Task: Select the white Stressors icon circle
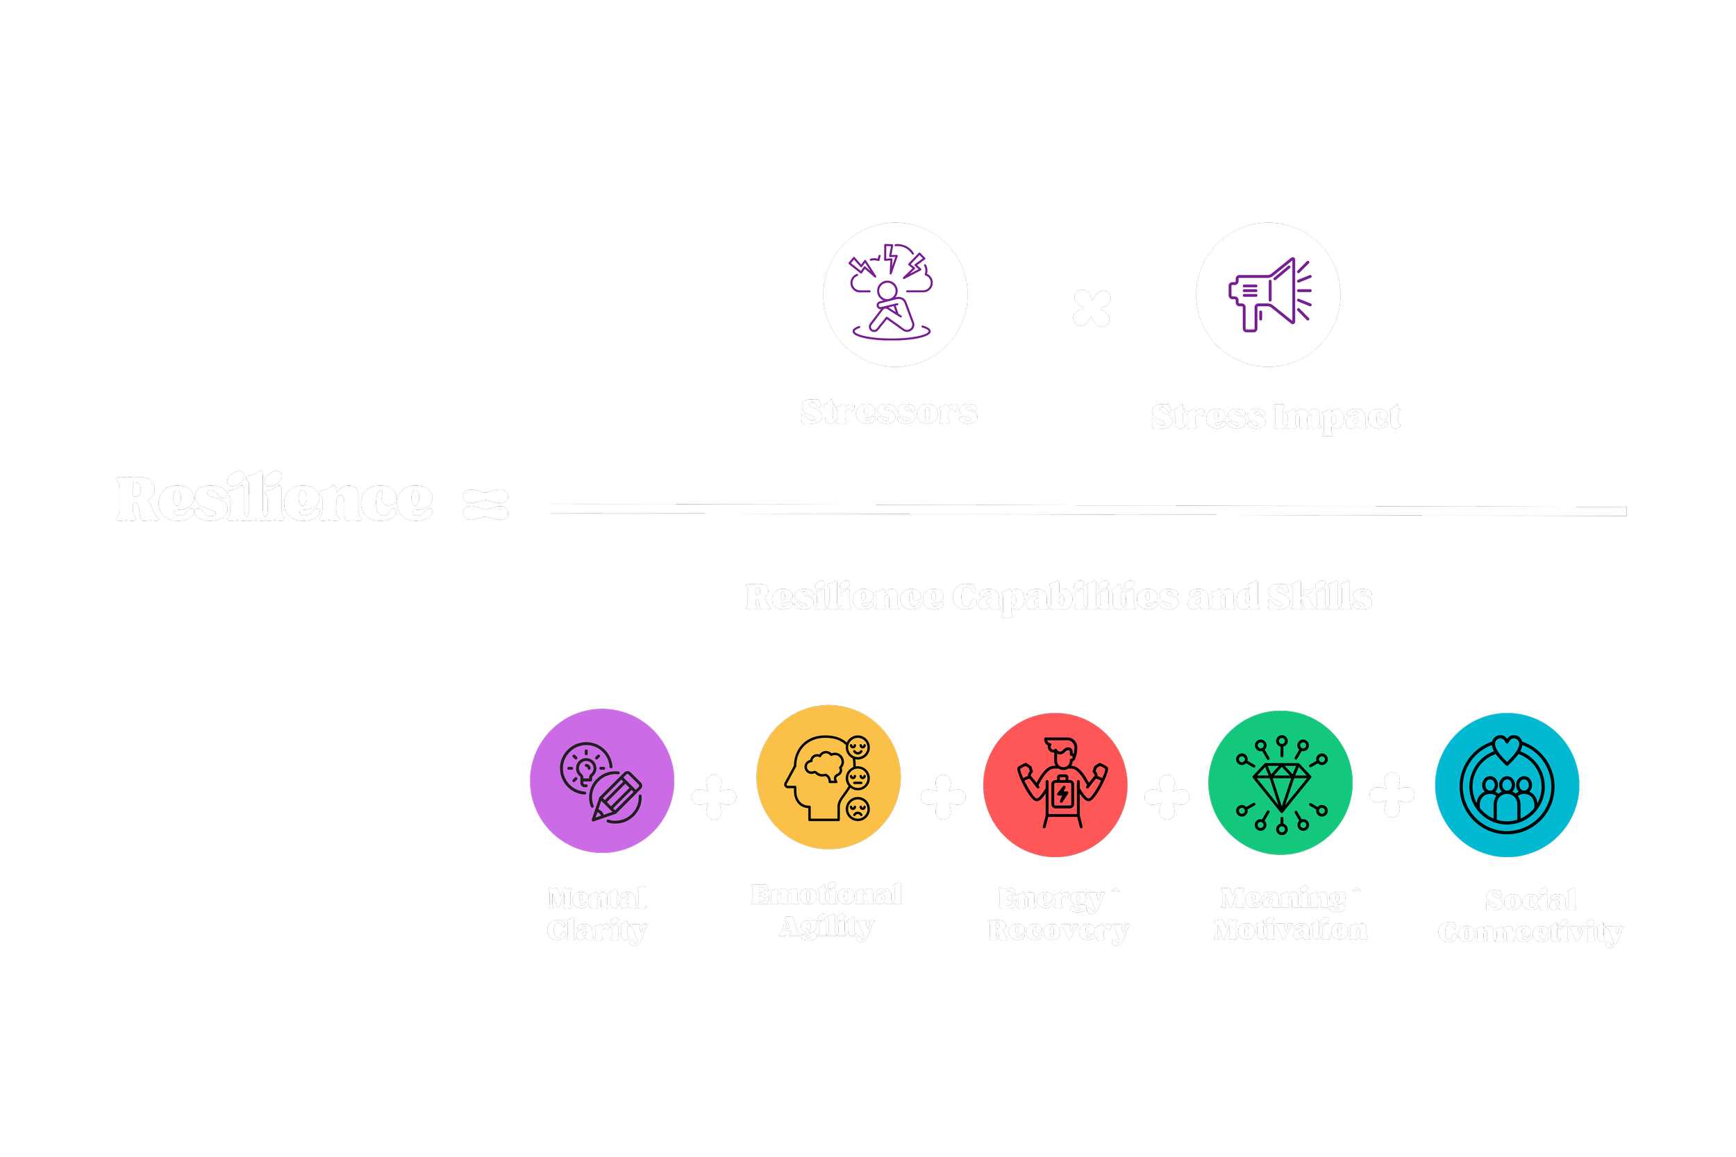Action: pos(894,294)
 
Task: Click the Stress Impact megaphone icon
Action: pos(1269,294)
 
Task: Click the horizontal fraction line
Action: pos(1088,509)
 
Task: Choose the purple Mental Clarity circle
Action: pos(601,781)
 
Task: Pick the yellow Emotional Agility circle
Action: pos(828,777)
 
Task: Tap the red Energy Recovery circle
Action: pos(1055,784)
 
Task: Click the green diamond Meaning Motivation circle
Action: pos(1280,782)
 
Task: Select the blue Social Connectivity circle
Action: pos(1506,784)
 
